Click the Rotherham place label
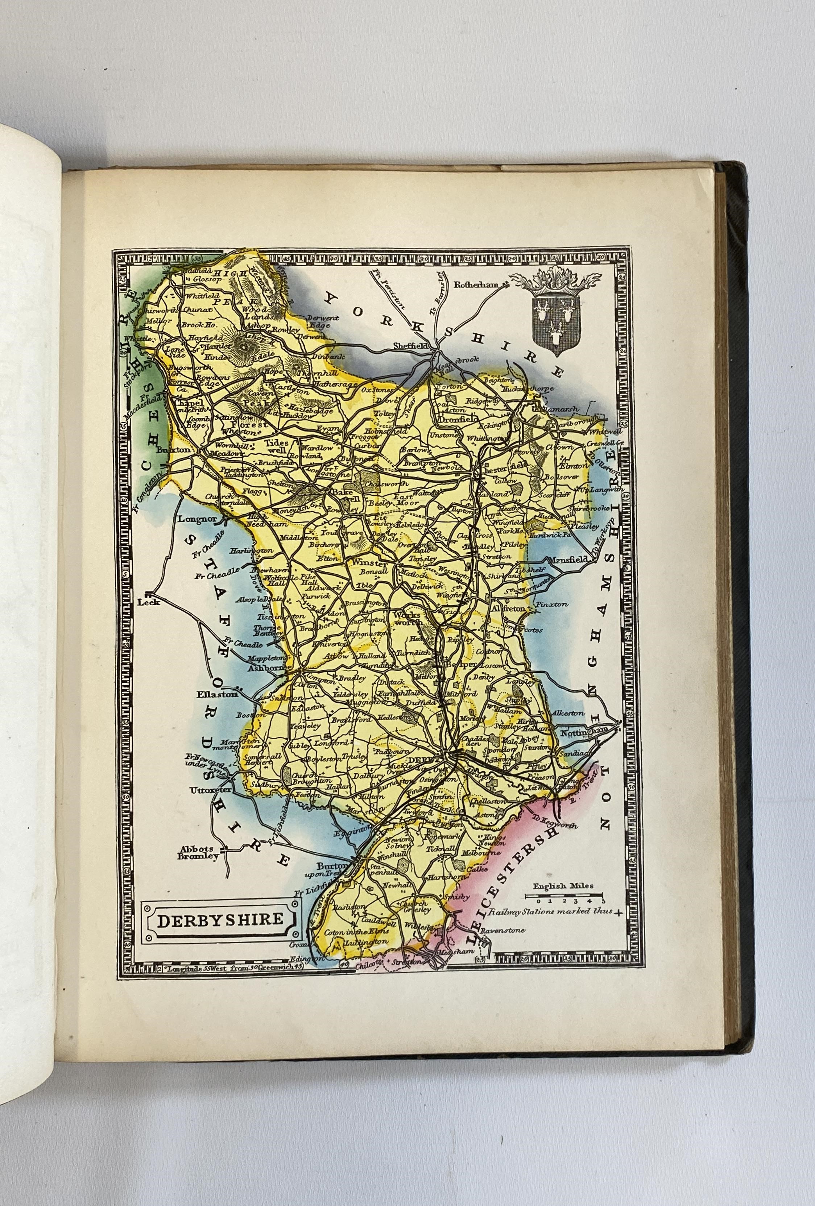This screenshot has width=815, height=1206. [476, 284]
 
